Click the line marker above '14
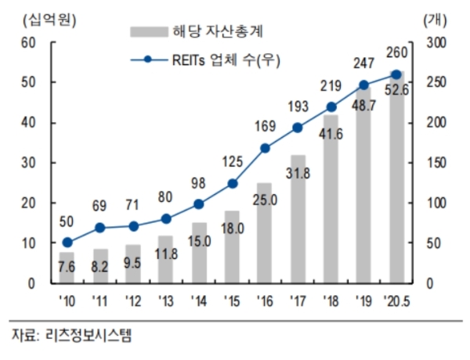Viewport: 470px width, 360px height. pyautogui.click(x=198, y=204)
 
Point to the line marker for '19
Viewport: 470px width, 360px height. pyautogui.click(x=363, y=85)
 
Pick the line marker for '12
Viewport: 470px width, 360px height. pyautogui.click(x=132, y=226)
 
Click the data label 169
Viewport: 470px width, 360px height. pyautogui.click(x=265, y=124)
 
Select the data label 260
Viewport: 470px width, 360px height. pyautogui.click(x=397, y=53)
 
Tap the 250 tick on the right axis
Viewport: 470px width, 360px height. pyautogui.click(x=436, y=82)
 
